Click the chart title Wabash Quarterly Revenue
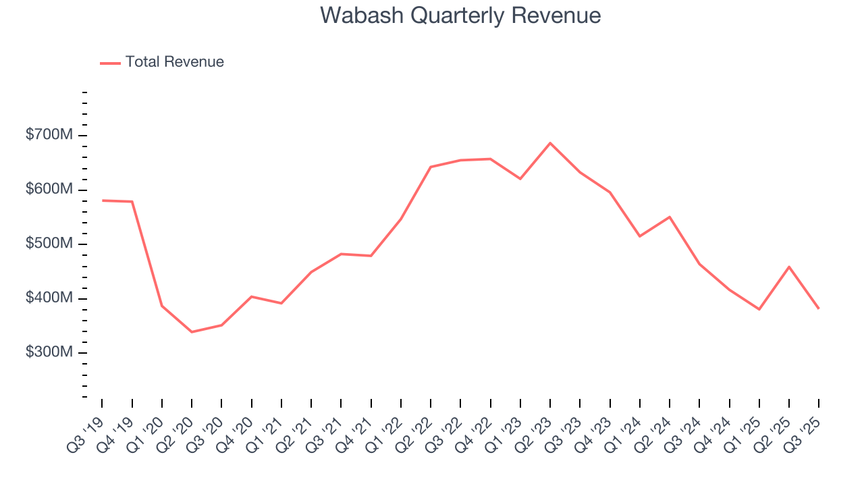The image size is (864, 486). coord(460,16)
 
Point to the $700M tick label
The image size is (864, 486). coord(49,136)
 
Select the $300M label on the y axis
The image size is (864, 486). coord(49,353)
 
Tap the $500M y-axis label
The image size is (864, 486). coord(49,244)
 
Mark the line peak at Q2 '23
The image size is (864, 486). coord(550,143)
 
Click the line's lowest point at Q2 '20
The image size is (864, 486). coord(192,332)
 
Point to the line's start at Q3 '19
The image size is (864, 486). coord(102,200)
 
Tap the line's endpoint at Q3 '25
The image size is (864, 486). coord(819,308)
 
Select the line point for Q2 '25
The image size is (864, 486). coord(789,267)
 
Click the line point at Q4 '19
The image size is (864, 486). coord(132,202)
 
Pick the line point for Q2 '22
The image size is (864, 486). coord(431,167)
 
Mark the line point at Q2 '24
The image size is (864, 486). coord(670,217)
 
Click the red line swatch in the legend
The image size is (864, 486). coord(110,63)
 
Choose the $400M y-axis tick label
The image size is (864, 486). coord(49,298)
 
